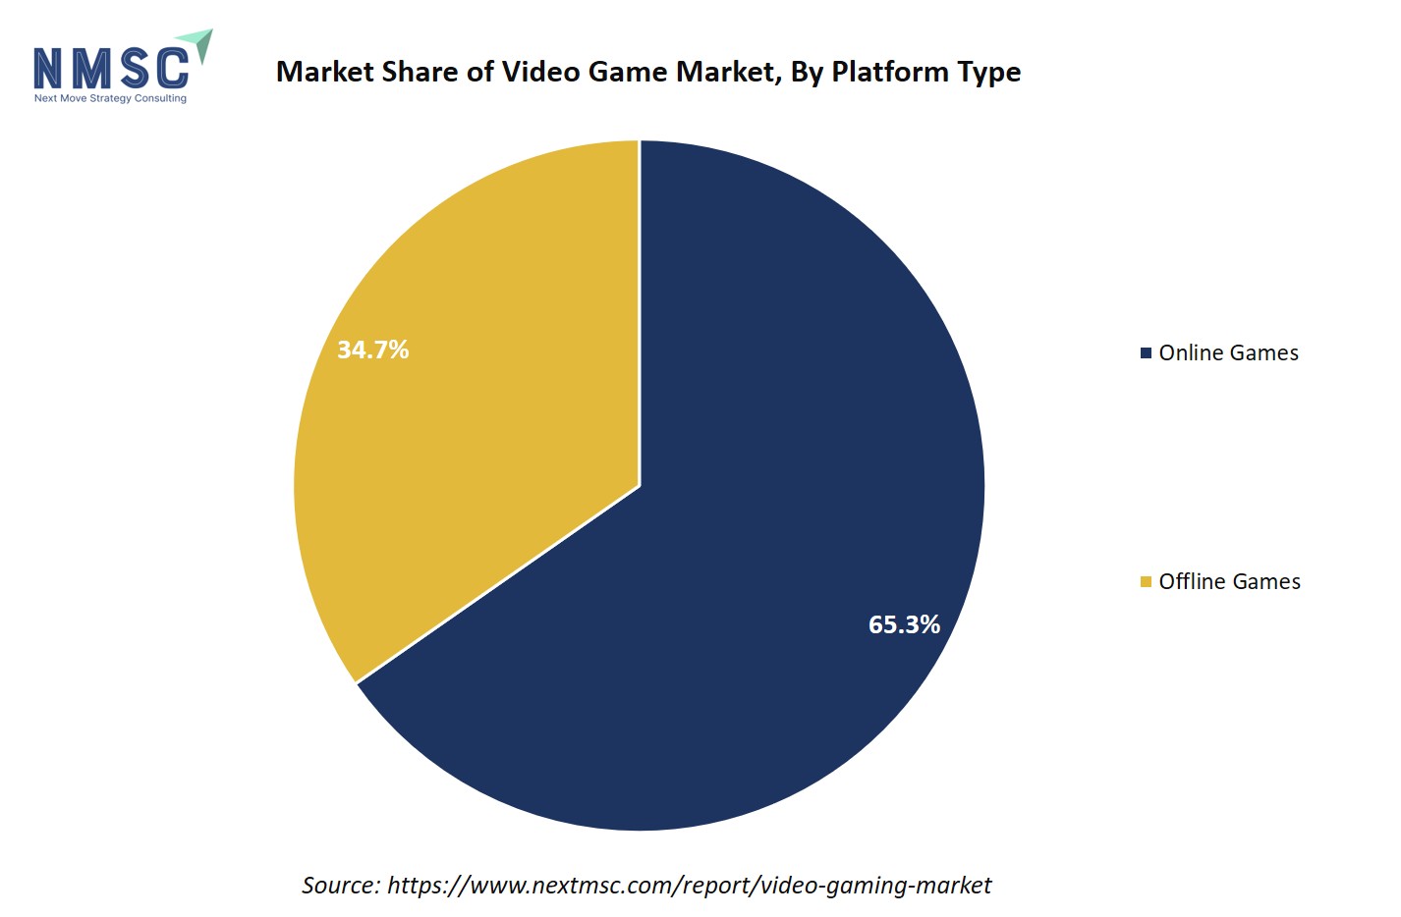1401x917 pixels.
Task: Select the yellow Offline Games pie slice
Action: click(472, 412)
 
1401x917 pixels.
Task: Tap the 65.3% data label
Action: click(904, 624)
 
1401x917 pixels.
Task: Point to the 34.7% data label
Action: click(372, 350)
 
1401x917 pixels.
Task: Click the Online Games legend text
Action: click(1228, 352)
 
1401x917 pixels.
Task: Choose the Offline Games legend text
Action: click(1229, 581)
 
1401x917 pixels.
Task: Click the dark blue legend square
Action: click(1146, 352)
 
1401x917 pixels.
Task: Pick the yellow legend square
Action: click(1146, 582)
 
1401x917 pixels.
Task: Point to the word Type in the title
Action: click(988, 72)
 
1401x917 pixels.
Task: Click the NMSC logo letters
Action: click(111, 69)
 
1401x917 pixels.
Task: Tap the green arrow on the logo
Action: click(198, 44)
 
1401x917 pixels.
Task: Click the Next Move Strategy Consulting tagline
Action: click(110, 98)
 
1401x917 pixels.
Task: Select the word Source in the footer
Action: click(340, 886)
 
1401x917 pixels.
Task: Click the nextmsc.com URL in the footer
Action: click(689, 886)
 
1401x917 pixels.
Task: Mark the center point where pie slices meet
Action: click(640, 485)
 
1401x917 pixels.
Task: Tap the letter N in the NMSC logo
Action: click(49, 69)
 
